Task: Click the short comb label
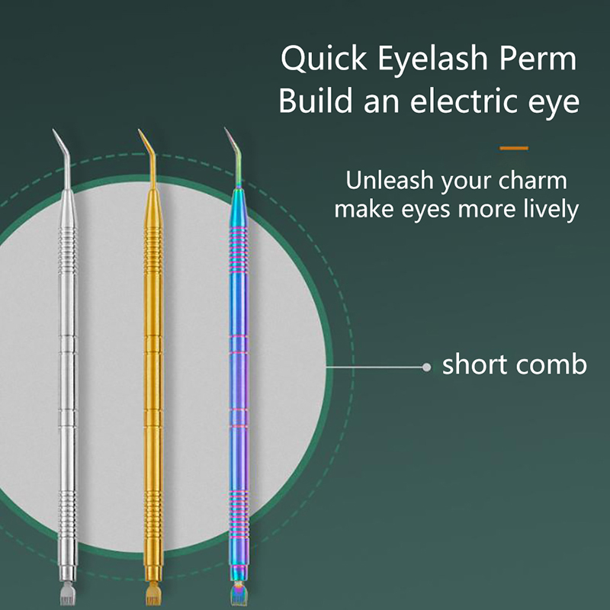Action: pos(515,364)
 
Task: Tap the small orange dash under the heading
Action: pos(514,146)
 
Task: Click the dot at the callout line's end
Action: pos(427,367)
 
